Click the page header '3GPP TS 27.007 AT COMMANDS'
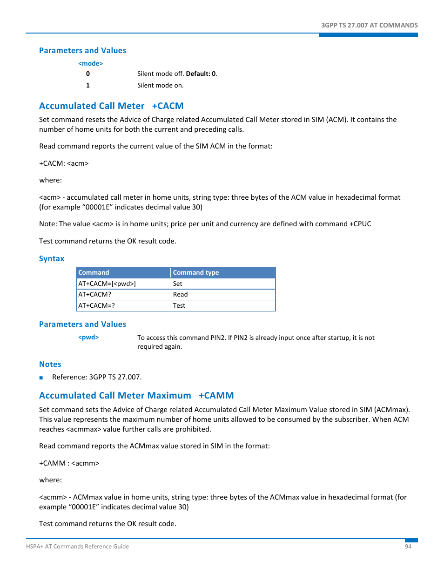coord(369,26)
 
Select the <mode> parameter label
coord(90,64)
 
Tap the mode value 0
coord(88,74)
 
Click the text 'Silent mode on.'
coord(160,86)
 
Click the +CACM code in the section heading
coord(168,106)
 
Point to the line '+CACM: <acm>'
coord(64,163)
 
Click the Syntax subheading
coord(52,259)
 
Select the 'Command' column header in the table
coord(94,273)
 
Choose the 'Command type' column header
coord(195,273)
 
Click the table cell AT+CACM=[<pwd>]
coord(107,284)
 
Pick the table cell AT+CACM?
coord(94,295)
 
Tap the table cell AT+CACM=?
coord(96,306)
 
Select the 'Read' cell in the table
coord(180,295)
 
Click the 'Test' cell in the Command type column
coord(179,306)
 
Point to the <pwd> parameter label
coord(88,338)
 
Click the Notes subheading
coord(50,365)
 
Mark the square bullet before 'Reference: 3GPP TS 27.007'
coord(41,378)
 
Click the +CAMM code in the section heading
coord(216,396)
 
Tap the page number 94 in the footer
coord(408,547)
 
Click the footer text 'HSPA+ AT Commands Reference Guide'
coord(77,547)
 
